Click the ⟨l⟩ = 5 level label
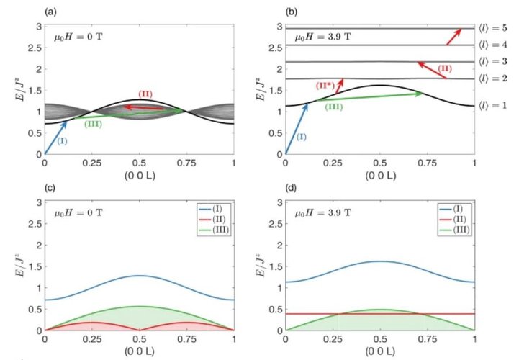point(496,28)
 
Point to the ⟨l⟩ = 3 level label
point(496,62)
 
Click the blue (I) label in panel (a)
point(63,141)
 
